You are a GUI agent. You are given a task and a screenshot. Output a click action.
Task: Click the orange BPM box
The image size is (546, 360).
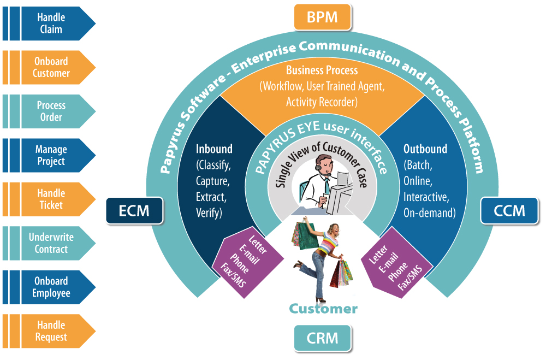point(322,17)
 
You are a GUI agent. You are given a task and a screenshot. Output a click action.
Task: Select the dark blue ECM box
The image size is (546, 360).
point(134,210)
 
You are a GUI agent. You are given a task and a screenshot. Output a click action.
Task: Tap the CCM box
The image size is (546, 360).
point(509,210)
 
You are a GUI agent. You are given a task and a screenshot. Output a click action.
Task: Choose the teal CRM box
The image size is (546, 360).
point(322,338)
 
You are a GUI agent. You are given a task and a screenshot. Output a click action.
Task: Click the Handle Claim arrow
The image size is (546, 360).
point(51,23)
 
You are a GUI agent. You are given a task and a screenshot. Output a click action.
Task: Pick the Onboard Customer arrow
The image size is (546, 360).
point(51,67)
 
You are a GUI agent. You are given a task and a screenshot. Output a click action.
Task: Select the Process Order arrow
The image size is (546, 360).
point(51,111)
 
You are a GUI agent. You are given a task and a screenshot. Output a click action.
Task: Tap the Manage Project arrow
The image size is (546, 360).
point(51,155)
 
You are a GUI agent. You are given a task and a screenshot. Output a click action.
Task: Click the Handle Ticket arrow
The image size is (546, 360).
point(51,199)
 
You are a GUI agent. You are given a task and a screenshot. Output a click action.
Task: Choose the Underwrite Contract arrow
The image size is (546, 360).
point(51,243)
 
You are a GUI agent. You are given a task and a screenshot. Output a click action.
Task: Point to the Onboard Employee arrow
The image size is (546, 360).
point(51,287)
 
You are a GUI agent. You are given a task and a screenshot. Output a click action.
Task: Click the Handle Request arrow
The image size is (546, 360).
point(51,331)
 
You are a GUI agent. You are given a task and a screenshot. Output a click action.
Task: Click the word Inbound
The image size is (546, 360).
point(214,149)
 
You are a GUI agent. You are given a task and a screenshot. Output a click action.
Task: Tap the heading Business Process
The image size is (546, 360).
point(322,70)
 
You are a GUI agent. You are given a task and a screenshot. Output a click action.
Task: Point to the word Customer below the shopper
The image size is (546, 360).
point(323,309)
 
